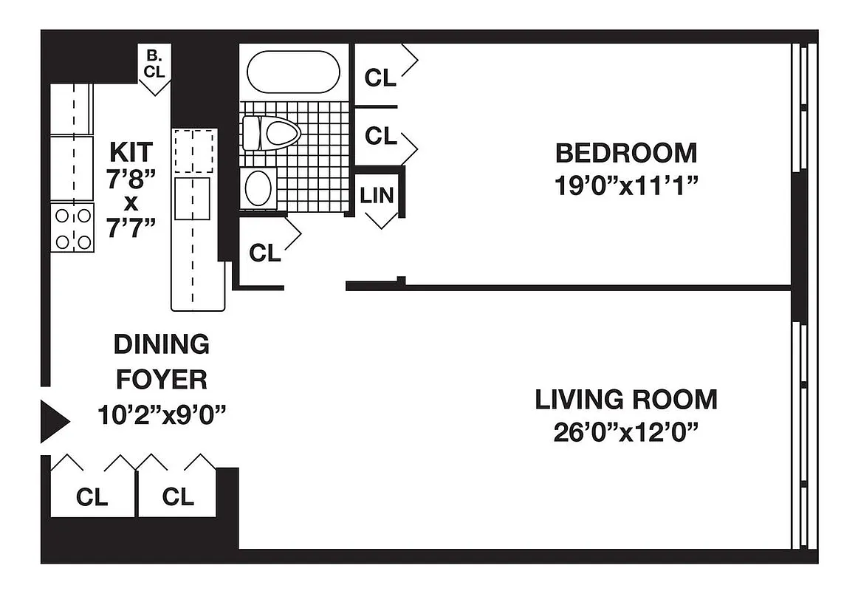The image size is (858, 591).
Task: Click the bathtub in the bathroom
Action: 293,71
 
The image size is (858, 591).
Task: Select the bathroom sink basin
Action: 258,188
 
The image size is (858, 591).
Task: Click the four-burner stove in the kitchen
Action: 73,228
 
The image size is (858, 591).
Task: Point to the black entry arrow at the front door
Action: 54,422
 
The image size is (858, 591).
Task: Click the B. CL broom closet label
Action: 154,64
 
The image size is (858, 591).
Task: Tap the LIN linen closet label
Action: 377,195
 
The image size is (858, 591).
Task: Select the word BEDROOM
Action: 625,154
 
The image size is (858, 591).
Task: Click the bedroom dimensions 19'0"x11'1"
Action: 625,185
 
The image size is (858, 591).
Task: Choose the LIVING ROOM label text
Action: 625,400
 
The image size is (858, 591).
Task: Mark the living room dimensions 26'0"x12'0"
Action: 625,431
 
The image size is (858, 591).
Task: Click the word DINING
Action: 161,344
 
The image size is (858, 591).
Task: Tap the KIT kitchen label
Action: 131,151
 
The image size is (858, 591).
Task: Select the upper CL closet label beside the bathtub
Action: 380,78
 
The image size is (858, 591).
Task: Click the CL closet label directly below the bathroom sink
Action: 264,253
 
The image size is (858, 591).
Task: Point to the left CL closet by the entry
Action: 92,497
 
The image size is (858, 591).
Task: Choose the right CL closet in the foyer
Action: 177,497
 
